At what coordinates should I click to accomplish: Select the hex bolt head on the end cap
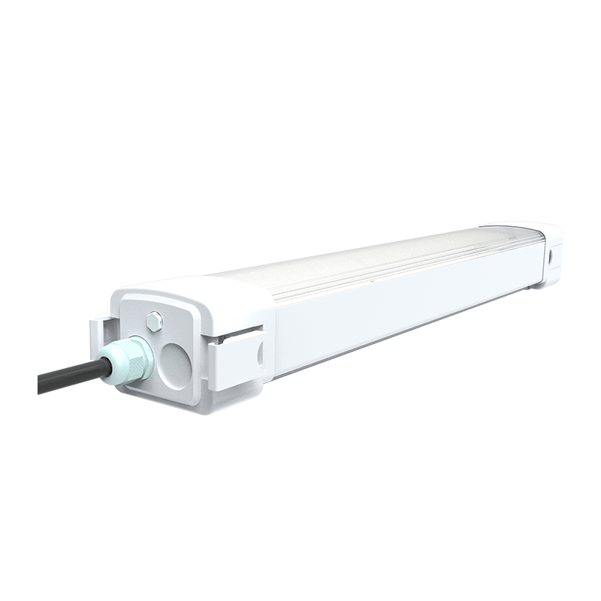(155, 321)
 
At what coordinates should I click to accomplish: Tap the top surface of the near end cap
(203, 289)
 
